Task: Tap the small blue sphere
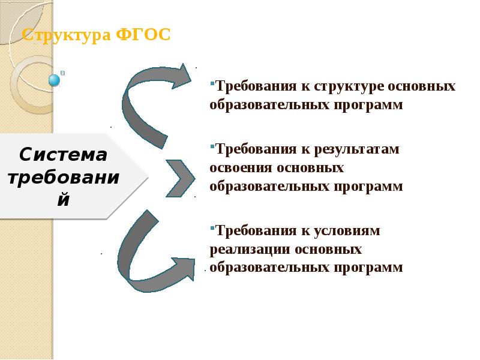55,80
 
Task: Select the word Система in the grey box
63,155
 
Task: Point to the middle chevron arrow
181,178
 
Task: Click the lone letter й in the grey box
62,199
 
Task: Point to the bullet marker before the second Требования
212,145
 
